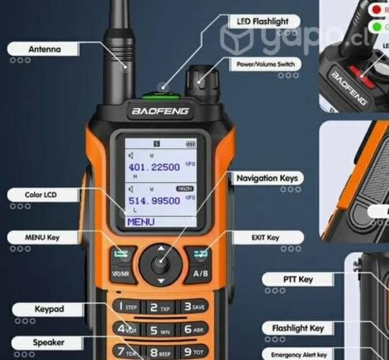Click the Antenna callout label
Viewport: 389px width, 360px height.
(x=45, y=50)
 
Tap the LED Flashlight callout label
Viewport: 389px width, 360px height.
(x=262, y=22)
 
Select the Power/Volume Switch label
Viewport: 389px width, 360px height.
(x=265, y=64)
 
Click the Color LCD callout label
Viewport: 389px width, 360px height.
(x=41, y=194)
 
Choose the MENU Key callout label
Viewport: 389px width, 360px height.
(x=43, y=238)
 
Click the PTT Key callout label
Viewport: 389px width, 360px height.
(x=297, y=279)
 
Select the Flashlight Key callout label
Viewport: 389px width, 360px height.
(x=298, y=328)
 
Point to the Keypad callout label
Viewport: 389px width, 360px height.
(x=49, y=310)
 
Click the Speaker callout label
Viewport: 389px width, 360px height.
(x=48, y=343)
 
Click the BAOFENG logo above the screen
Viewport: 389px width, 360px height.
(x=159, y=112)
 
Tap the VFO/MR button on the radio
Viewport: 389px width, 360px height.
(x=121, y=274)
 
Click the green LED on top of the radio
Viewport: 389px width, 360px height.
(x=159, y=91)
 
